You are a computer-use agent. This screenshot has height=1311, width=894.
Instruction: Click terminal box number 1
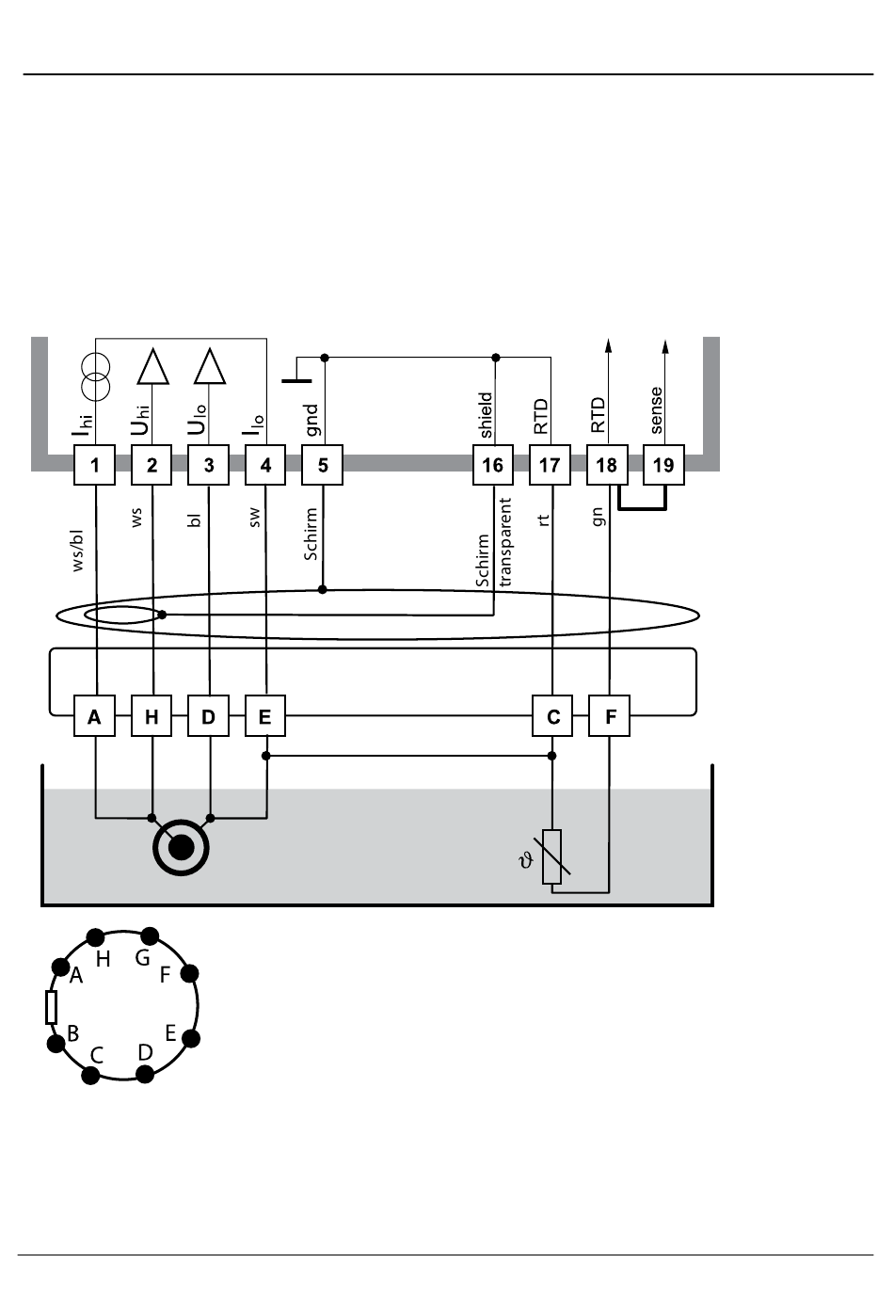pos(94,465)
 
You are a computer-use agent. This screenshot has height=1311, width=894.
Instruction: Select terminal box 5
pos(323,465)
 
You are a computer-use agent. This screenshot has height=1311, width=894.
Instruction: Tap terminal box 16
pos(493,465)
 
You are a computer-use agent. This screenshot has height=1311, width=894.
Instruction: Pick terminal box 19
pos(664,465)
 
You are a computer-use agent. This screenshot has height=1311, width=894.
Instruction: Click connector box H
pos(152,716)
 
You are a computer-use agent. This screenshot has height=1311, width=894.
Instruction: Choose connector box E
pos(265,716)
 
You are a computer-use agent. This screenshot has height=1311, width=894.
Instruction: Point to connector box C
pos(552,716)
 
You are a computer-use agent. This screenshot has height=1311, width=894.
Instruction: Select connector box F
pos(610,716)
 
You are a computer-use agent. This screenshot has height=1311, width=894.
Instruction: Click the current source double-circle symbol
pos(95,377)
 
